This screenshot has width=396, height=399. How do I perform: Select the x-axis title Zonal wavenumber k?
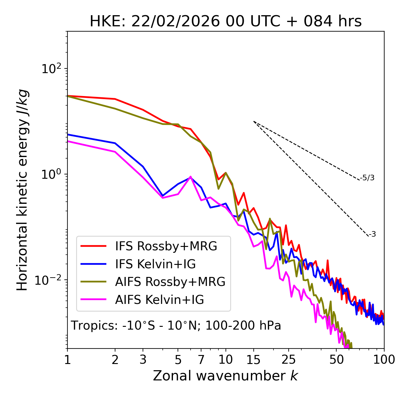pyautogui.click(x=225, y=376)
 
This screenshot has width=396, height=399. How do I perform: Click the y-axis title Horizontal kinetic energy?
pyautogui.click(x=22, y=190)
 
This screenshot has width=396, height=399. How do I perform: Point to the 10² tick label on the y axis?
pyautogui.click(x=51, y=68)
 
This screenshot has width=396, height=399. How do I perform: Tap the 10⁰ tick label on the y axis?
pyautogui.click(x=51, y=174)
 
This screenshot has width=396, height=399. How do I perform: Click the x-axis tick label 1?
pyautogui.click(x=67, y=360)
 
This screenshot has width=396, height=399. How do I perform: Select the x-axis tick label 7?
pyautogui.click(x=201, y=360)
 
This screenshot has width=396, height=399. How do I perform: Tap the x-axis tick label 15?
pyautogui.click(x=253, y=360)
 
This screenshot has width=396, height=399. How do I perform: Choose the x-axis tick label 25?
pyautogui.click(x=289, y=360)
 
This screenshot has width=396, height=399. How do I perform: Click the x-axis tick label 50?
pyautogui.click(x=336, y=360)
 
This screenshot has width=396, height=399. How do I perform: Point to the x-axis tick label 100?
pyautogui.click(x=384, y=360)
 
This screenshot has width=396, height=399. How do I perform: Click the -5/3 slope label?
pyautogui.click(x=368, y=178)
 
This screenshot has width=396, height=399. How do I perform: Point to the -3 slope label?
pyautogui.click(x=372, y=235)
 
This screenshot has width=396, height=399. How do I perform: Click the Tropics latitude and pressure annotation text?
pyautogui.click(x=176, y=326)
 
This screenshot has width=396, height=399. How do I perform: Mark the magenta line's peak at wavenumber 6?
pyautogui.click(x=190, y=177)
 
